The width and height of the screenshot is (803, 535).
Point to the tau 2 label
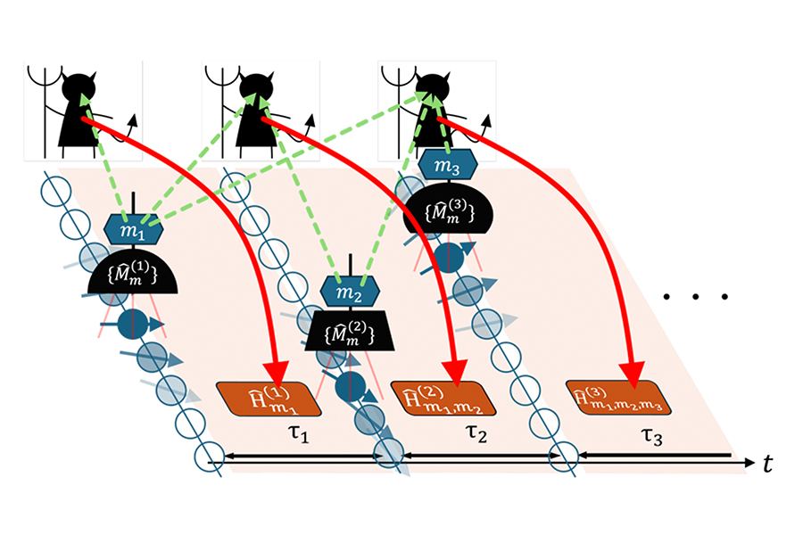click(x=475, y=436)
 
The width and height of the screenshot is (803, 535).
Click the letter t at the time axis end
click(x=768, y=463)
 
